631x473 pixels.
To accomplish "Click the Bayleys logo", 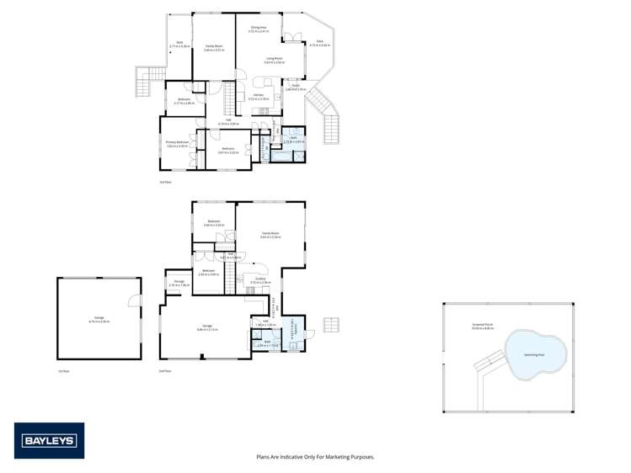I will tap(49, 440).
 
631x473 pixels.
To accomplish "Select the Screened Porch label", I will tap(484, 325).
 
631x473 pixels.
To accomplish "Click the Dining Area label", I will tap(258, 29).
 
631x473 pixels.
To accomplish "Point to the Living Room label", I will tap(274, 61).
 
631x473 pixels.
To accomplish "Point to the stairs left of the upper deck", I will tap(145, 82).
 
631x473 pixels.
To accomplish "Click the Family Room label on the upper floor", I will tap(213, 47).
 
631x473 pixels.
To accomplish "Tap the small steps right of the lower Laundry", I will tap(332, 324).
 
